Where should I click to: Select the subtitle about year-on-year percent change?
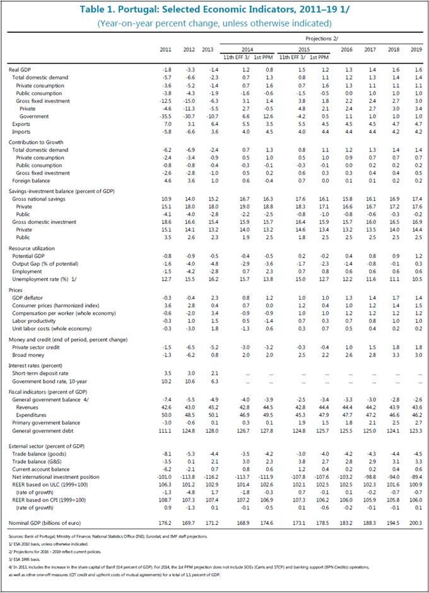point(214,23)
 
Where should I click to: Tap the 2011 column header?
point(165,50)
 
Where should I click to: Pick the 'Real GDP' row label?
point(23,68)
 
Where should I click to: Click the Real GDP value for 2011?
point(167,68)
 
